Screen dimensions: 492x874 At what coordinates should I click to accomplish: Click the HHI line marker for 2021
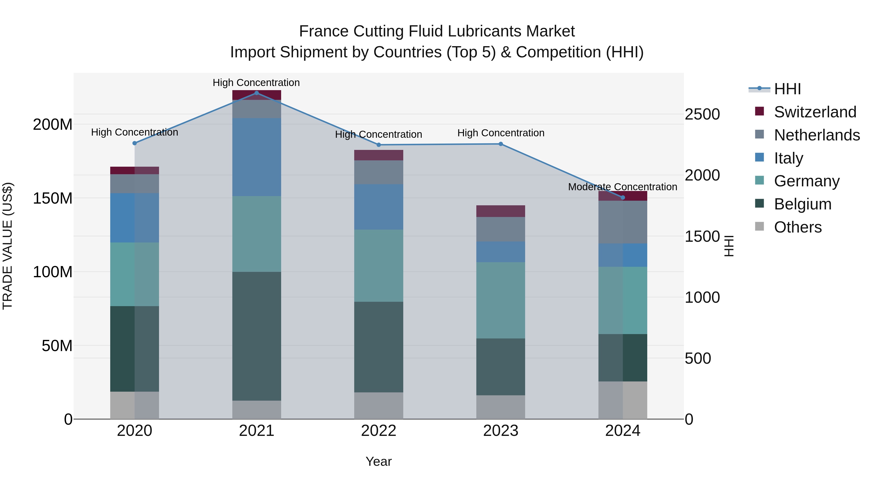point(257,93)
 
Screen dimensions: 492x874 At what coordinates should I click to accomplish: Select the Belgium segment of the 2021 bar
point(257,336)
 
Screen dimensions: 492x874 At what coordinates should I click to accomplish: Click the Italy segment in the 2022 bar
point(379,207)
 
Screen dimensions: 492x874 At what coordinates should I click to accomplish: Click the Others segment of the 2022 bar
point(379,406)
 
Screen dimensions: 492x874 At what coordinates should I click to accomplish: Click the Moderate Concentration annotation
point(622,187)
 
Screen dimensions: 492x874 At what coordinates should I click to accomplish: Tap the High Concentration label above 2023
point(501,133)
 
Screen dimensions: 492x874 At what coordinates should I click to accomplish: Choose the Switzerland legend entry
point(815,112)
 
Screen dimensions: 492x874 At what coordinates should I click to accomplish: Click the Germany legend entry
point(807,181)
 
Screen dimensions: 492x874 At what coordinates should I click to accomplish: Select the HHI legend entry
point(787,89)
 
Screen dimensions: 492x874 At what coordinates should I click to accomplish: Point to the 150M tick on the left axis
point(53,198)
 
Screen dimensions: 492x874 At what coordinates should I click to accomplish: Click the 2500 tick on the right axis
point(702,114)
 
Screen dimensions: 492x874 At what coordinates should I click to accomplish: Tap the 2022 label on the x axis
point(379,431)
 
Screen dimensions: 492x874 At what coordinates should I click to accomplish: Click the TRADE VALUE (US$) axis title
point(8,246)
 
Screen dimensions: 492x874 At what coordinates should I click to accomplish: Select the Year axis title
point(379,461)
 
